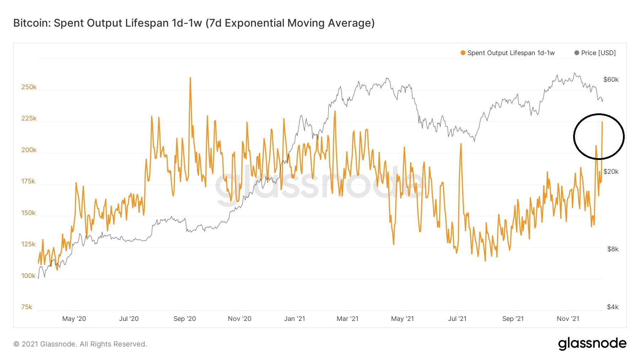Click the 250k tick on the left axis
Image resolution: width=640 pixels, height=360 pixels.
(x=29, y=87)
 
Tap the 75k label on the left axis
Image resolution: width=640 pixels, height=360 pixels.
(x=27, y=307)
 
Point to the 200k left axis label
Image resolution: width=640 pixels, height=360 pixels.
(x=29, y=150)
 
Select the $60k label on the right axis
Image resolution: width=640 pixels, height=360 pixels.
(x=611, y=80)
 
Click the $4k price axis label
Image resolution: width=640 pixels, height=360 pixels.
(x=613, y=307)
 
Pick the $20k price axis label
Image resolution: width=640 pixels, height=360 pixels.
(x=611, y=172)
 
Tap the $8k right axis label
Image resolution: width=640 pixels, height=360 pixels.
(x=613, y=249)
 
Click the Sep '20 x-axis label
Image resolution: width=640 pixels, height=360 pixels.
(x=185, y=319)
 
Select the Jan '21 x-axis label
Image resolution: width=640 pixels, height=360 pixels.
(x=294, y=319)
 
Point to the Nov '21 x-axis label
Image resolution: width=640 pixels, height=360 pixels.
(x=568, y=319)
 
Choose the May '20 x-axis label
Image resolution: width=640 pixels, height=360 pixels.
(x=74, y=319)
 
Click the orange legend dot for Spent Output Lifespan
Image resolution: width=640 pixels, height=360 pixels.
(x=463, y=53)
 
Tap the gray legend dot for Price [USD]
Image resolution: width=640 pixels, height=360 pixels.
(x=577, y=53)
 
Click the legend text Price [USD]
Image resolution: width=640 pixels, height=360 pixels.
(x=598, y=53)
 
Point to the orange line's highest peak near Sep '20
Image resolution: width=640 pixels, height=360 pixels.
(x=190, y=78)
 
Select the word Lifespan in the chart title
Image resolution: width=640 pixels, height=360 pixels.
(x=147, y=23)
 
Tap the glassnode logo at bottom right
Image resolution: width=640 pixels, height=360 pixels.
(x=592, y=344)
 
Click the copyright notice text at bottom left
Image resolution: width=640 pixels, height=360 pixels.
(x=80, y=344)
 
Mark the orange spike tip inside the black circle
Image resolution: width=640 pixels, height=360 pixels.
(x=602, y=122)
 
